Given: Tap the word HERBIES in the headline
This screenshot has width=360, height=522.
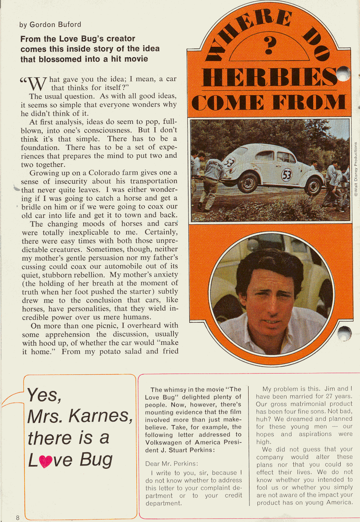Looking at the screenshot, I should (268, 77).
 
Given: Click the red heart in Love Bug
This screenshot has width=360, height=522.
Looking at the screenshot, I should (46, 460).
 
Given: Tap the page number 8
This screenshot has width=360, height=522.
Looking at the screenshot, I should (18, 518).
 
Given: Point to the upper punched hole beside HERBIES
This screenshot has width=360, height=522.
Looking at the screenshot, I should (343, 73).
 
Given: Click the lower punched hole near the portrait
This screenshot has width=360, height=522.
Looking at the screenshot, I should (344, 333).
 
